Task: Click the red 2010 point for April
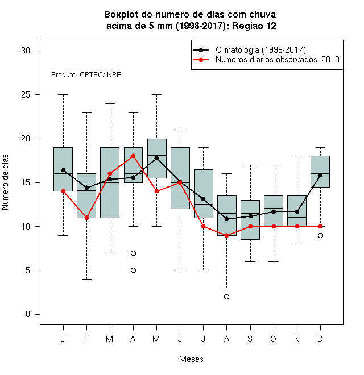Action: pyautogui.click(x=134, y=156)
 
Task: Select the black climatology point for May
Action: pyautogui.click(x=156, y=158)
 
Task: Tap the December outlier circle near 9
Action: pyautogui.click(x=320, y=236)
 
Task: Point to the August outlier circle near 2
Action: pyautogui.click(x=226, y=297)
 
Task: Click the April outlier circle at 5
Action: pyautogui.click(x=134, y=270)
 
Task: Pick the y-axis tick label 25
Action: pyautogui.click(x=26, y=95)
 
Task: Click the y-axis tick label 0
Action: pyautogui.click(x=28, y=314)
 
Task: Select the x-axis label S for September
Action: pyautogui.click(x=250, y=339)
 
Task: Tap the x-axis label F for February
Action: pyautogui.click(x=86, y=339)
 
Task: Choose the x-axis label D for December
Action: pyautogui.click(x=320, y=339)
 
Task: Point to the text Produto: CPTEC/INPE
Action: pyautogui.click(x=86, y=75)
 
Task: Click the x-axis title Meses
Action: pyautogui.click(x=191, y=359)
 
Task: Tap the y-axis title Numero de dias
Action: pyautogui.click(x=5, y=182)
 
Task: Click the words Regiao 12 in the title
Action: pyautogui.click(x=254, y=26)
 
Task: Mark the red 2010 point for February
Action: pyautogui.click(x=86, y=218)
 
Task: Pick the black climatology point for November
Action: pyautogui.click(x=297, y=212)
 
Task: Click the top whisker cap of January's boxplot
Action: pyautogui.click(x=63, y=95)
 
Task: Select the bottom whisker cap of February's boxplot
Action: pyautogui.click(x=86, y=279)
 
